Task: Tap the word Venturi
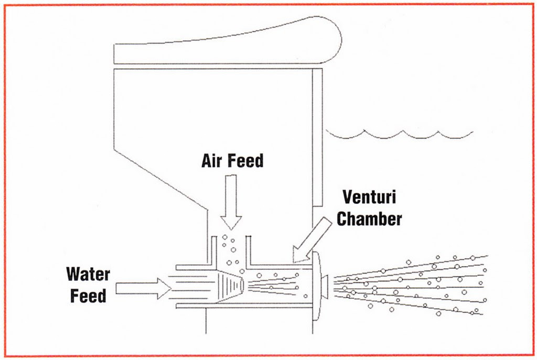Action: pyautogui.click(x=369, y=198)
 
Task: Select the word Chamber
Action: pyautogui.click(x=369, y=219)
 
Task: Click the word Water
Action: pyautogui.click(x=88, y=274)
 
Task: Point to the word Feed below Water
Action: pyautogui.click(x=88, y=296)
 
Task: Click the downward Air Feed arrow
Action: pyautogui.click(x=231, y=202)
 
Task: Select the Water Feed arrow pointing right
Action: pyautogui.click(x=143, y=289)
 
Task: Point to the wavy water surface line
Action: pyautogui.click(x=399, y=134)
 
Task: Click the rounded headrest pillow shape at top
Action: pyautogui.click(x=228, y=40)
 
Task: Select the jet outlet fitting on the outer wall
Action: pyautogui.click(x=320, y=286)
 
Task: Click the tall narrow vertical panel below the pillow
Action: pyautogui.click(x=317, y=137)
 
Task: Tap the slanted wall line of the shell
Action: pyautogui.click(x=160, y=180)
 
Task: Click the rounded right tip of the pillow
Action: pyautogui.click(x=341, y=39)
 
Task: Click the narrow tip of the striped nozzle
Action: pyautogui.click(x=243, y=286)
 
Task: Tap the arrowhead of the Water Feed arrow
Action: pyautogui.click(x=164, y=289)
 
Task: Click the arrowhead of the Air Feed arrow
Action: pyautogui.click(x=231, y=223)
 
